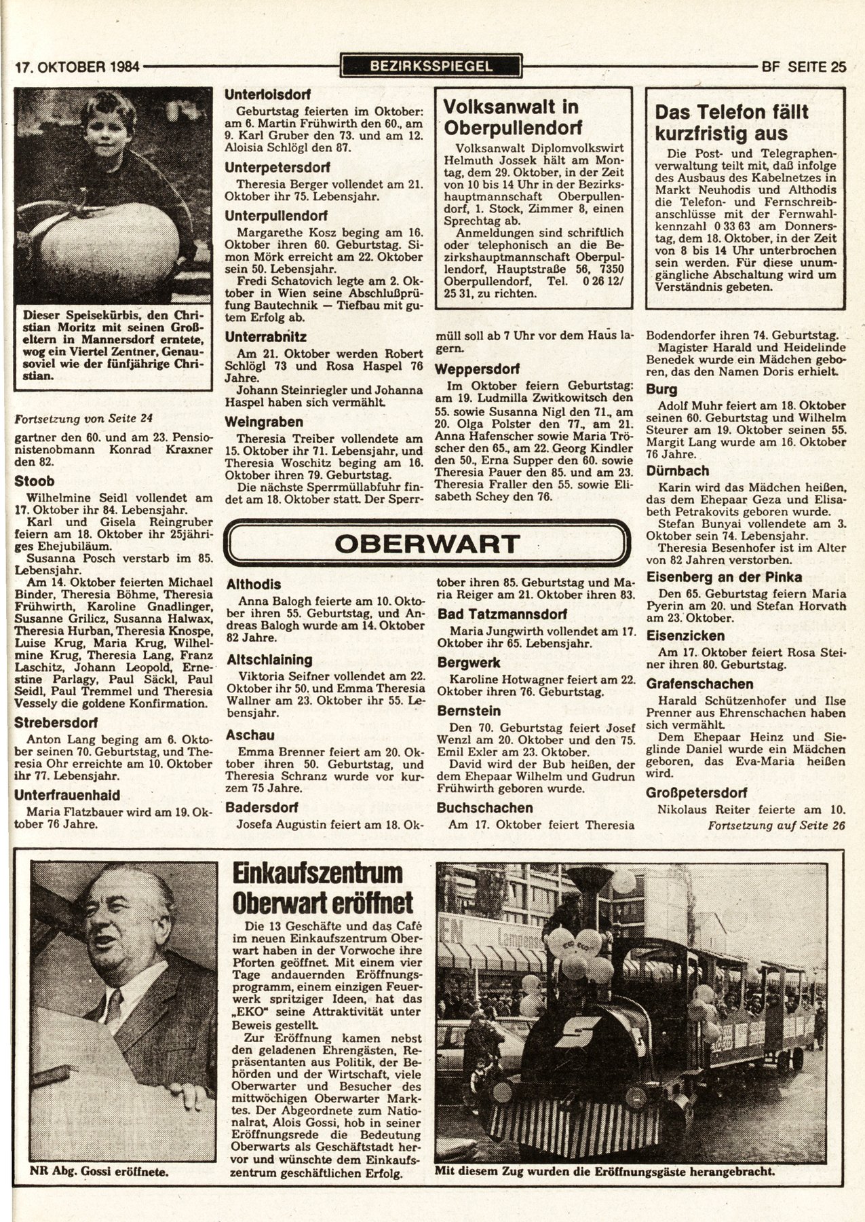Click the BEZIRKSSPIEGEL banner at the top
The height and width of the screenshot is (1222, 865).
[x=431, y=66]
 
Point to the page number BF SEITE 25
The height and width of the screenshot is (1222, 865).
[x=804, y=67]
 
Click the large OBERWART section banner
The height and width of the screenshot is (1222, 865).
[x=427, y=543]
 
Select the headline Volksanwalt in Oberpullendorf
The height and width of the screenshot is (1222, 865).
[x=510, y=117]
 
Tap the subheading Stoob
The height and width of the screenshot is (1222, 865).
[x=35, y=481]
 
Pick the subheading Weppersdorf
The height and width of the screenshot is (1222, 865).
[x=477, y=369]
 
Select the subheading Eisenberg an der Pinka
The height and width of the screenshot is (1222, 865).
[x=724, y=577]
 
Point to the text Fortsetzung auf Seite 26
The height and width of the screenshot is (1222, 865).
[x=776, y=826]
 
